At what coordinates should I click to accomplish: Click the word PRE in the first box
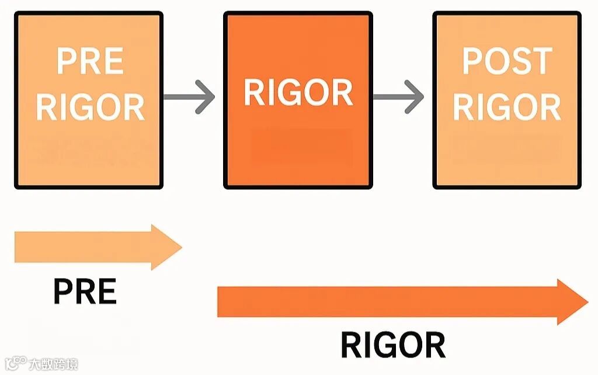point(90,61)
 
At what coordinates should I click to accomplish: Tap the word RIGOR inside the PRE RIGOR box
point(90,106)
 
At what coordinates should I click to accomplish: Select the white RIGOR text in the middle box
point(298,92)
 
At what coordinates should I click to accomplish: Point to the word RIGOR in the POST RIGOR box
point(507,106)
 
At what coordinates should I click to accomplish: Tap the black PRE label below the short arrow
point(85,291)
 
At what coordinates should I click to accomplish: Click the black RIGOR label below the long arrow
point(392,345)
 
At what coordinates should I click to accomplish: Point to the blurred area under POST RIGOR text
point(507,149)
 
